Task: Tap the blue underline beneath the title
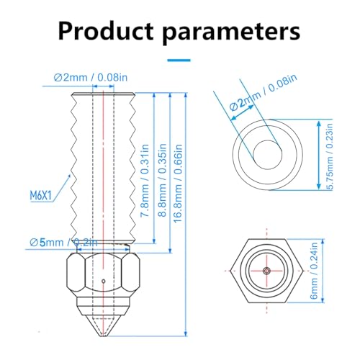[180, 61]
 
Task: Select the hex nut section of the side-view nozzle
[104, 277]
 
